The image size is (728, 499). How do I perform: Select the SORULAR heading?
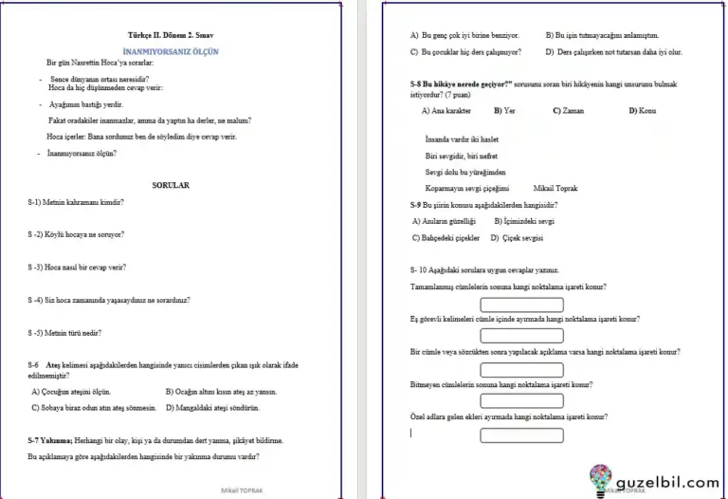point(171,186)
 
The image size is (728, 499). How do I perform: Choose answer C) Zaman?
point(569,111)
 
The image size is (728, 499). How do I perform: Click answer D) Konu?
point(643,111)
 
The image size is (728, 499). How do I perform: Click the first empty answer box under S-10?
point(521,305)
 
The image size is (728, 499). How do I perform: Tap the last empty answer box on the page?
point(521,435)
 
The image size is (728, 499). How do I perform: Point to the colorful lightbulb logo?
point(601,478)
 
